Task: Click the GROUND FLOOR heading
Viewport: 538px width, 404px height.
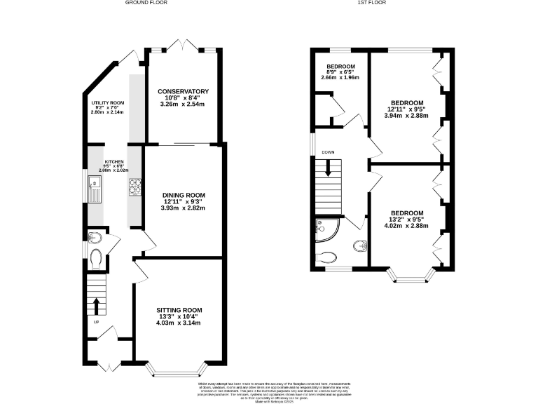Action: (x=146, y=3)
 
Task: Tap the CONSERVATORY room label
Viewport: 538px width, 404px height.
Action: (x=183, y=92)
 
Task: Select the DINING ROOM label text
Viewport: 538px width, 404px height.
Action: (x=183, y=194)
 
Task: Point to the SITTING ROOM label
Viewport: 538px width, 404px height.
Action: (x=179, y=310)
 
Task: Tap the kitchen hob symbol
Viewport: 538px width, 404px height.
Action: (x=134, y=187)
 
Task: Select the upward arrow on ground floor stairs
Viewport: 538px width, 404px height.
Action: (x=96, y=305)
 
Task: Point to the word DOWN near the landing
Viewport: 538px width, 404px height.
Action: (x=328, y=152)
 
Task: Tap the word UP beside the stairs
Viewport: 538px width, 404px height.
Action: (x=96, y=322)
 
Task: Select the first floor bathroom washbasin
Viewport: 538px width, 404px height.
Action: (x=359, y=245)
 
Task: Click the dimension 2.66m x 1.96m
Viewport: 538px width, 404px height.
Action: (x=341, y=77)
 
